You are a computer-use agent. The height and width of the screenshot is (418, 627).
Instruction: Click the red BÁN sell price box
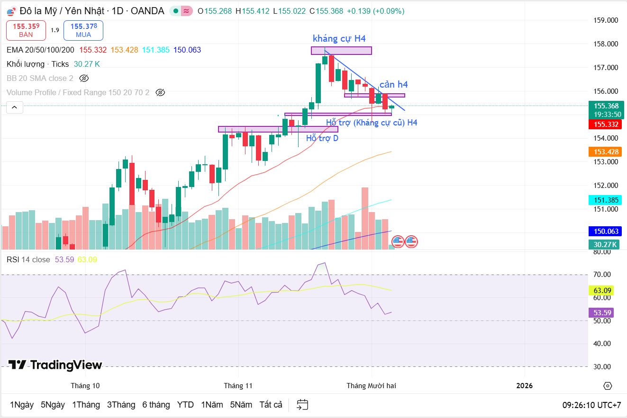26,30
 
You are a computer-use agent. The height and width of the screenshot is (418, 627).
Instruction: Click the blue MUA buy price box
83,30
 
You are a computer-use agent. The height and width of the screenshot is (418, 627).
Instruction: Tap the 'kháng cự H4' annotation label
339,39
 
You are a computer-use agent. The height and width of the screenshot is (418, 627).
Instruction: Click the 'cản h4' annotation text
393,85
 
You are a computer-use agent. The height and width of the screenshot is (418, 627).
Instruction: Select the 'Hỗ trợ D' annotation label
322,138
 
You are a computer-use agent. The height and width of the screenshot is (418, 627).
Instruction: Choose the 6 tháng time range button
156,405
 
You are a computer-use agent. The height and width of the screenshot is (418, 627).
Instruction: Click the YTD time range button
185,405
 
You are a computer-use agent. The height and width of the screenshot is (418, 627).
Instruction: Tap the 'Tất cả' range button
271,405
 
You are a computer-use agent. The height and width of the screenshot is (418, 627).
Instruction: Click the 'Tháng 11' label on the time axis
238,386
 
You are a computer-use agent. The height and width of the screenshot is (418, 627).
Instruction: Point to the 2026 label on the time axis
525,386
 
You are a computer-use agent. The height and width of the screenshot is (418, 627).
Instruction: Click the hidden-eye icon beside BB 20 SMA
84,78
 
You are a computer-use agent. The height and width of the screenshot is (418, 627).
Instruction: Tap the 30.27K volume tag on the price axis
605,244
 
